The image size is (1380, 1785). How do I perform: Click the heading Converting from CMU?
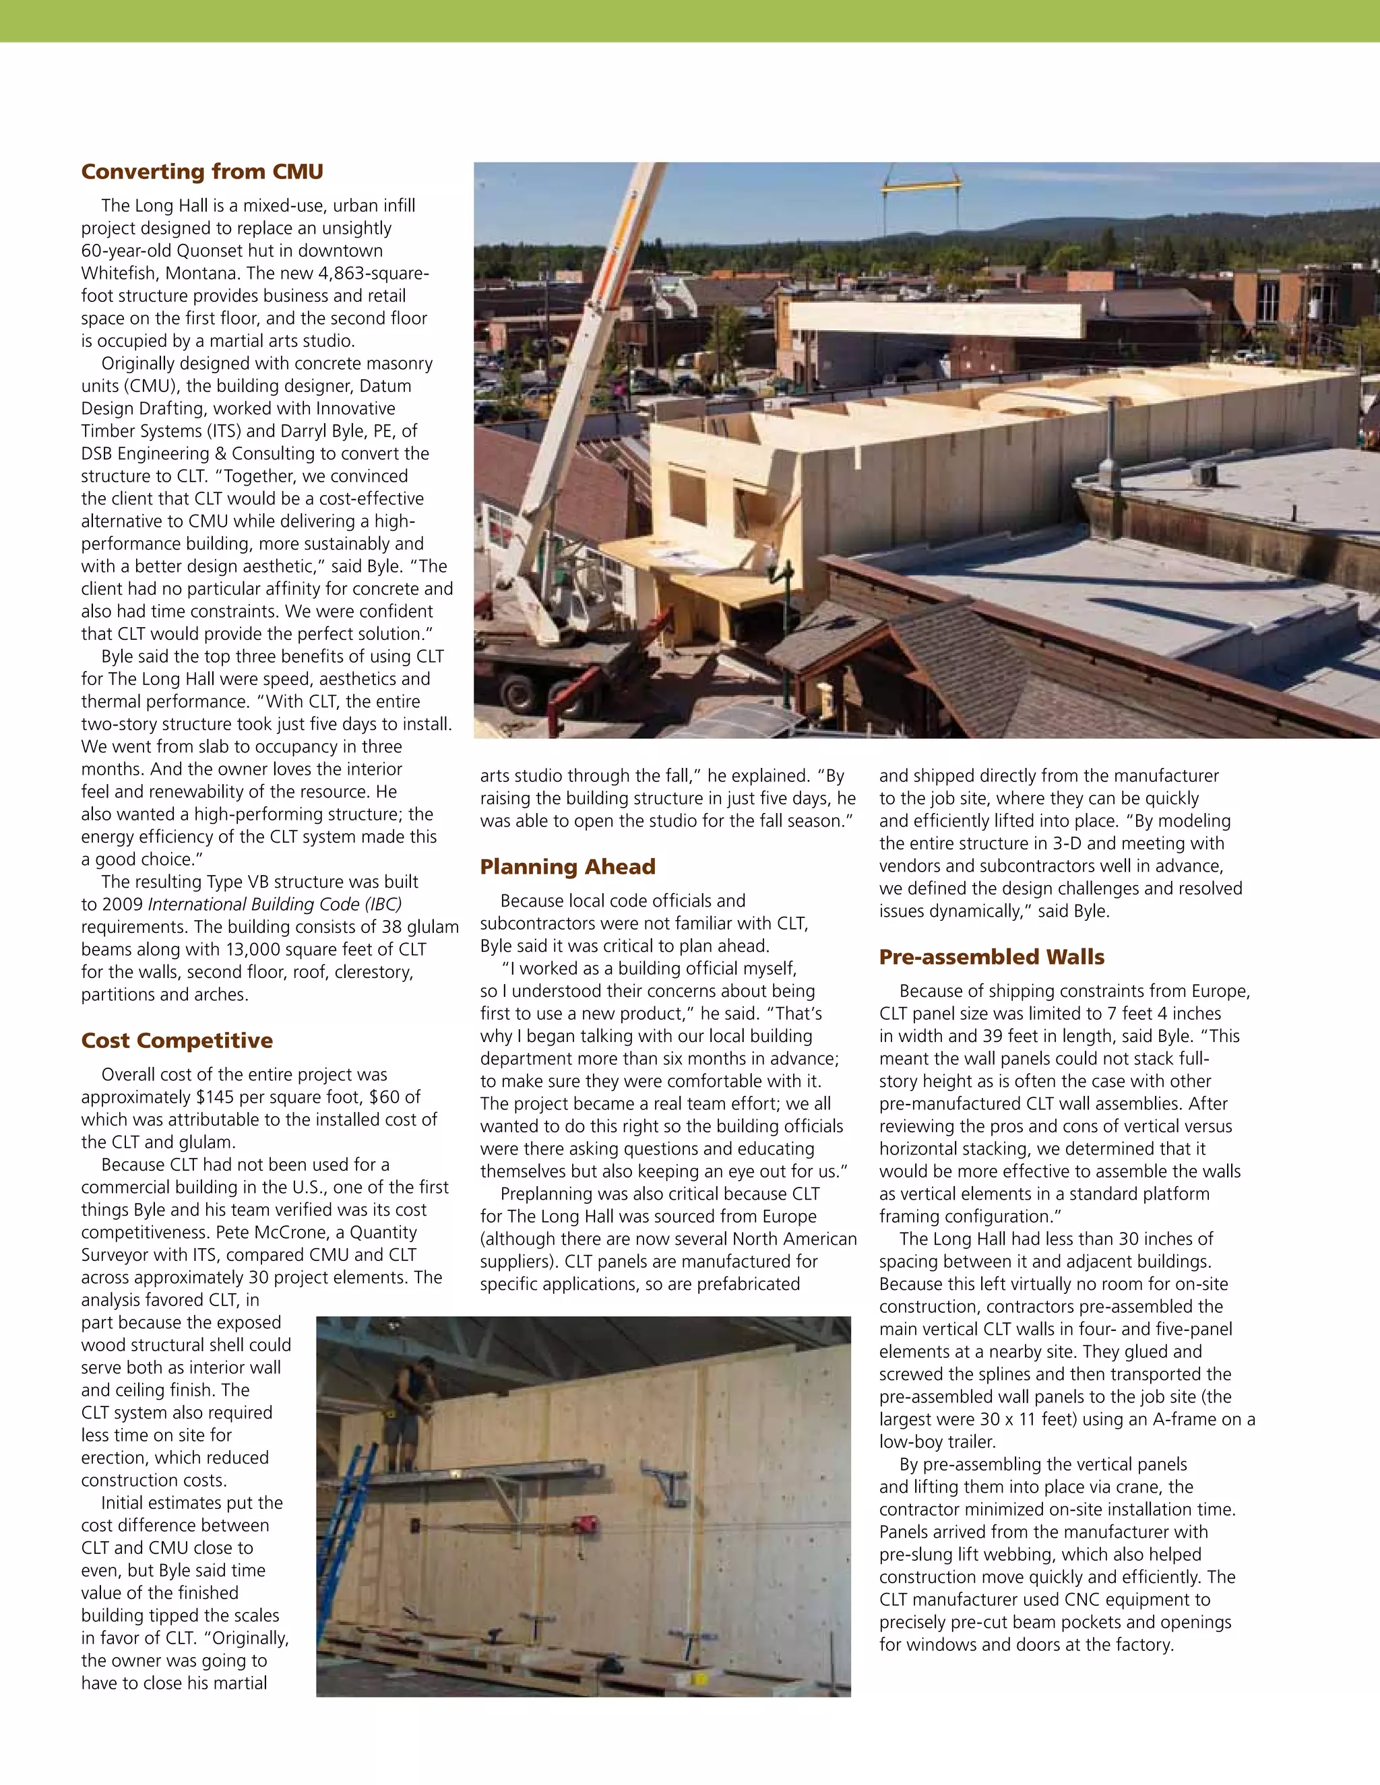coord(202,172)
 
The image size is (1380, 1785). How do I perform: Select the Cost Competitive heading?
coord(177,1041)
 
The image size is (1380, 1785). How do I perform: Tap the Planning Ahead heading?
coord(567,866)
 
